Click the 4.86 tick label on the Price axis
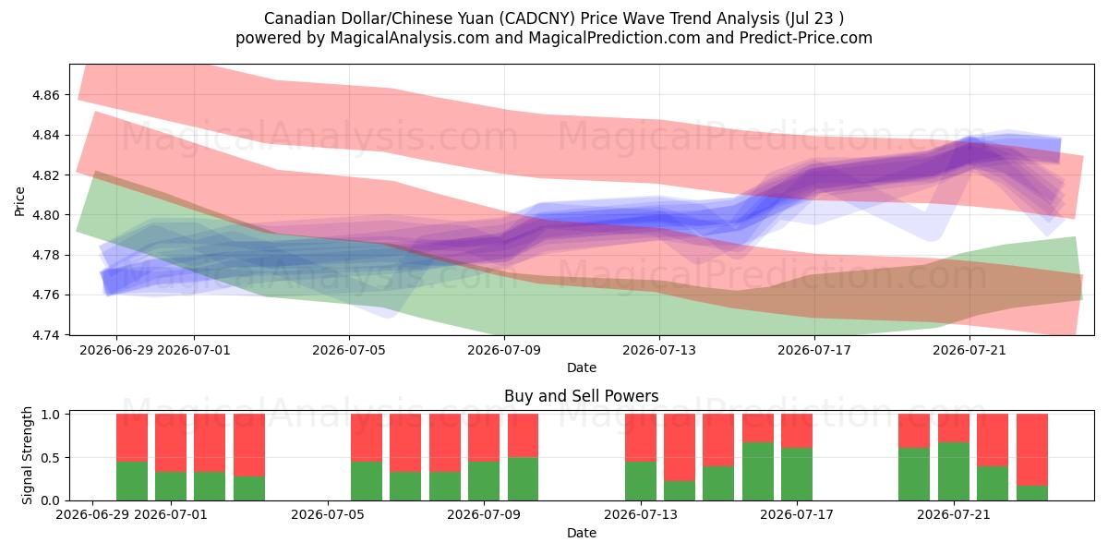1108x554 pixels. [x=45, y=95]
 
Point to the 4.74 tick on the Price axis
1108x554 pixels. [x=45, y=335]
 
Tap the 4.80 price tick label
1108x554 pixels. [x=45, y=215]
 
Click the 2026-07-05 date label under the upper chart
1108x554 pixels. [x=349, y=350]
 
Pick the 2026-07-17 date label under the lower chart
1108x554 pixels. [x=796, y=515]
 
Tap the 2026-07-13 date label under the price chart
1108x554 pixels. [x=659, y=350]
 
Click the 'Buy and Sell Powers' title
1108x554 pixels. [x=581, y=396]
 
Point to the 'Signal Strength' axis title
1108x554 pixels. [x=27, y=455]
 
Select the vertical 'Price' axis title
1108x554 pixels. [x=19, y=201]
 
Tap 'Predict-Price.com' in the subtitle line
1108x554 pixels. [x=806, y=38]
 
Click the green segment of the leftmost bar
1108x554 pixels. [x=132, y=481]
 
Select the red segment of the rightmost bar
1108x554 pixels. [x=1032, y=450]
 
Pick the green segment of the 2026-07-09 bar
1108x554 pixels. [x=484, y=481]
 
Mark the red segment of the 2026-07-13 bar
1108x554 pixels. [x=641, y=438]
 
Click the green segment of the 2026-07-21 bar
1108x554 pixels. [x=954, y=472]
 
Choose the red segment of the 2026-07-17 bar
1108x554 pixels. [x=796, y=431]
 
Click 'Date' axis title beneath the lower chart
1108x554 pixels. [x=581, y=533]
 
